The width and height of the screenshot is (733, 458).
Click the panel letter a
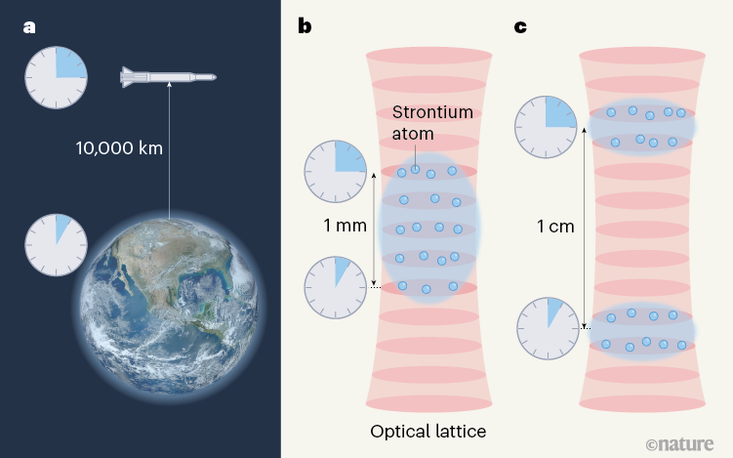coord(29,27)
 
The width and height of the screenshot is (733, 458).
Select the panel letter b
coord(305,25)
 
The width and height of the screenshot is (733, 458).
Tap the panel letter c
coord(520,27)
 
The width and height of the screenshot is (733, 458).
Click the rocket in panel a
coord(168,77)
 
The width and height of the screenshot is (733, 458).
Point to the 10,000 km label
coord(119,148)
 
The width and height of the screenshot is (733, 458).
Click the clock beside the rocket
coord(56,77)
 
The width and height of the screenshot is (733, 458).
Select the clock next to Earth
coord(56,245)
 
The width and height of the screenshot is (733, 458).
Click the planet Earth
coord(168,308)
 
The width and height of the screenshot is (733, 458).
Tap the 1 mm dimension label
coord(345,226)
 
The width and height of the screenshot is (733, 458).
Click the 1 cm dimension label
coord(555,227)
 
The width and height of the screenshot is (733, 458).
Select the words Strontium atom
coord(432,123)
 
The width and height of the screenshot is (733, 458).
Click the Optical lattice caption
coord(428,431)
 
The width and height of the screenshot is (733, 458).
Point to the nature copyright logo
coord(679,443)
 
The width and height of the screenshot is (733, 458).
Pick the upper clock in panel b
coord(335,171)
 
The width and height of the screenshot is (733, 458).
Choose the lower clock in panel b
coord(335,287)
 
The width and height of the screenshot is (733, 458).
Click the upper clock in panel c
coord(546,127)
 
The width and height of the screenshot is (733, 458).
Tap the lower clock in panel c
coord(548,328)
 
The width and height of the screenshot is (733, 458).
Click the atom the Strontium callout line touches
coord(415,169)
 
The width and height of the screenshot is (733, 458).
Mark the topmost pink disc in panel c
coord(642,56)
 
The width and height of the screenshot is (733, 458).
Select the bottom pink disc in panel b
coord(428,403)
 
